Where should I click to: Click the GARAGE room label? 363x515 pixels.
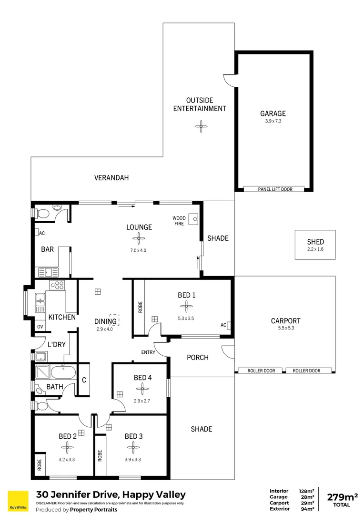(273, 113)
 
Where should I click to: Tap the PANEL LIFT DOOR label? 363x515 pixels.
(274, 189)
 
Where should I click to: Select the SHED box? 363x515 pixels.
(315, 245)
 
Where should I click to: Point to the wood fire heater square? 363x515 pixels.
(193, 219)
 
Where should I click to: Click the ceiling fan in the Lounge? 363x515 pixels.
(139, 239)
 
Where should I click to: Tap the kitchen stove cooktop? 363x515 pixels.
(57, 285)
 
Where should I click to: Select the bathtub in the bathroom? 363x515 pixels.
(63, 372)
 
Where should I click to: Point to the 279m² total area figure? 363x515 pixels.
(342, 497)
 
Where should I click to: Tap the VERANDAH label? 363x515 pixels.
(111, 178)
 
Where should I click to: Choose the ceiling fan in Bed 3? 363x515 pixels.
(133, 447)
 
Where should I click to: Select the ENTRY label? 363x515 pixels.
(148, 352)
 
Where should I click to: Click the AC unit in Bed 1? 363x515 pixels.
(229, 326)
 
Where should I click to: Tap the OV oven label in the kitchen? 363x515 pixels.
(39, 327)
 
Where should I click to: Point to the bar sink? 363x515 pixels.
(48, 272)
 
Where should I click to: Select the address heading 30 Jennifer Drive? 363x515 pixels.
(111, 494)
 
